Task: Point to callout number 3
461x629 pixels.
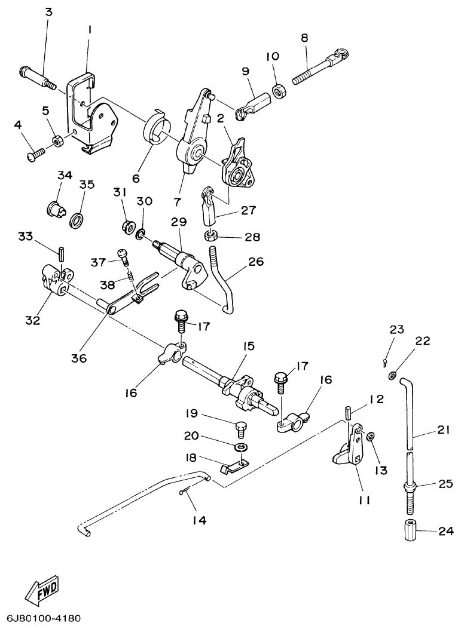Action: [x=48, y=12]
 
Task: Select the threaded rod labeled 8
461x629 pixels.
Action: [x=317, y=67]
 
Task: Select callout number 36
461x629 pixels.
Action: [x=79, y=358]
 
